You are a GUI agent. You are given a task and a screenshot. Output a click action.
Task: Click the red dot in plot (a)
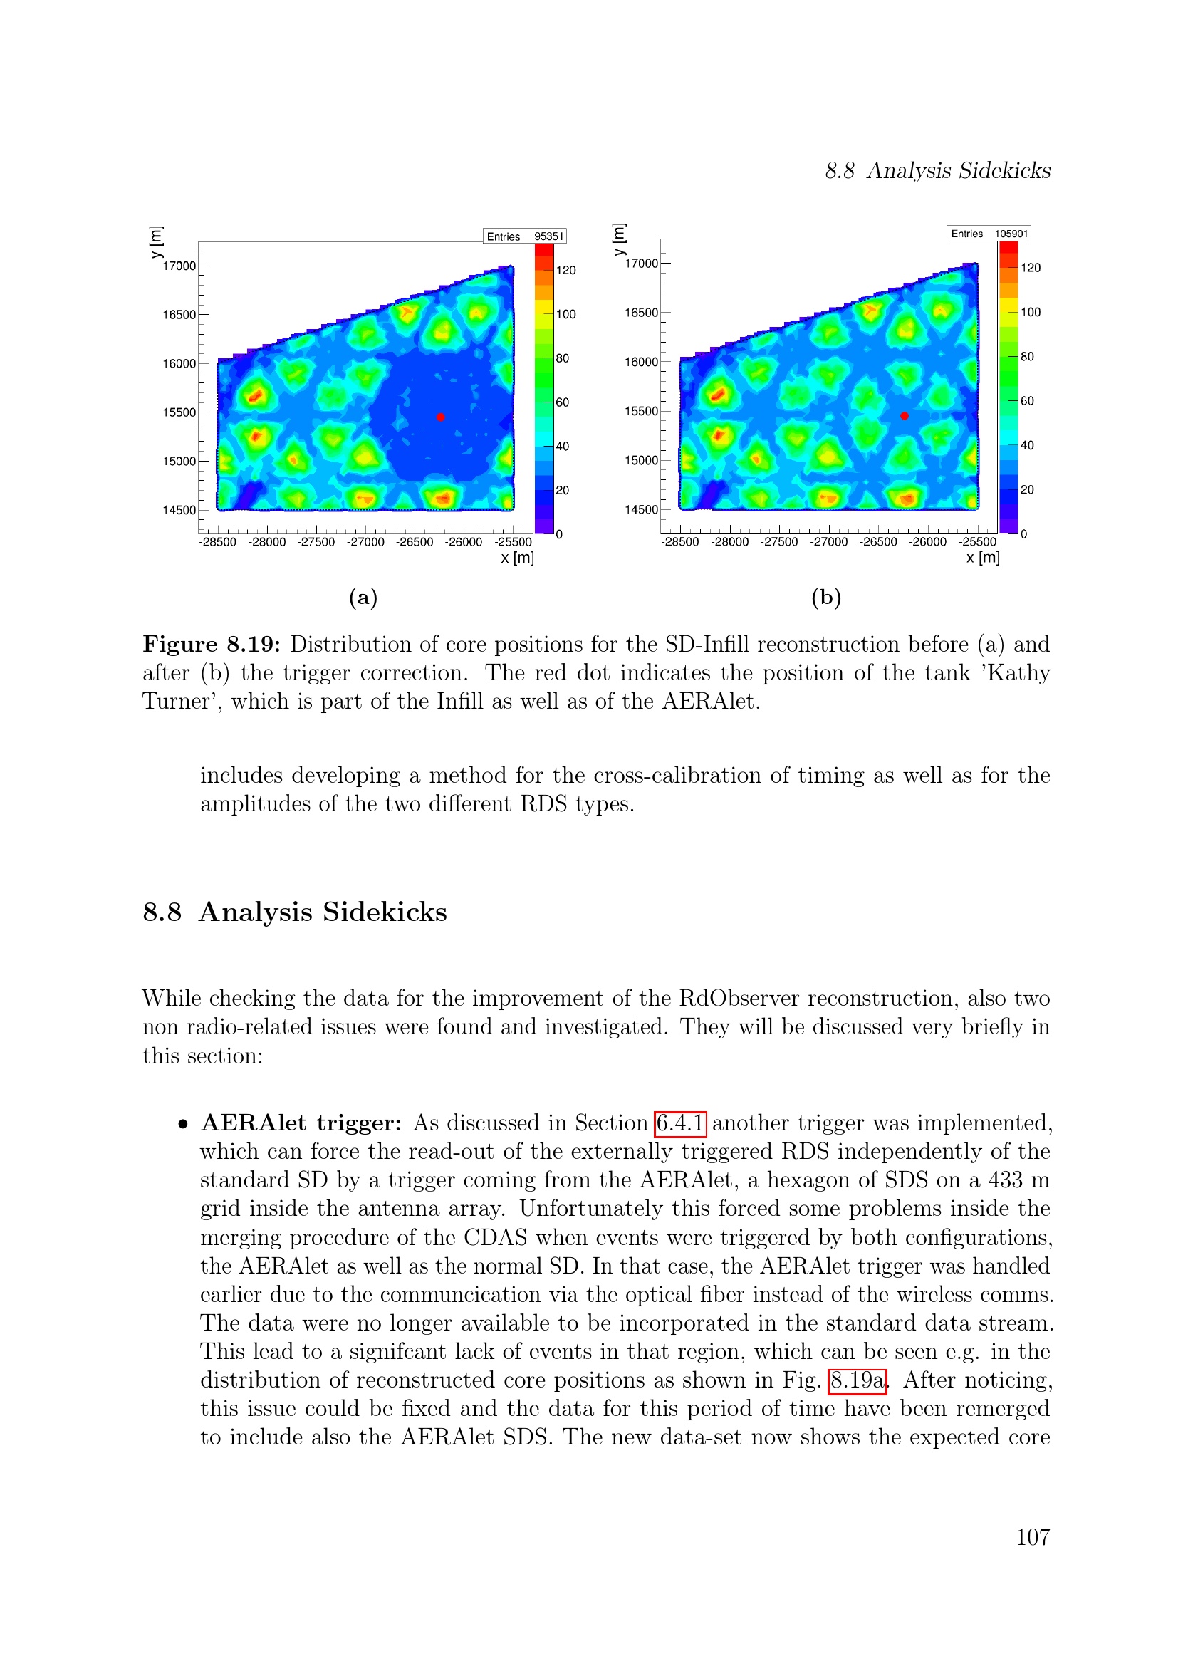click(x=440, y=417)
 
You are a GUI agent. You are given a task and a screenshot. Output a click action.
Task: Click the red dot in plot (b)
click(x=904, y=416)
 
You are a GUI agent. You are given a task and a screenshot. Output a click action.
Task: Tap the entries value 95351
click(x=548, y=236)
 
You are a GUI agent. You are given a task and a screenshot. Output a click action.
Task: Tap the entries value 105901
click(x=1011, y=234)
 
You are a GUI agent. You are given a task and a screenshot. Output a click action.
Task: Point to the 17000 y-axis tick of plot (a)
click(x=179, y=266)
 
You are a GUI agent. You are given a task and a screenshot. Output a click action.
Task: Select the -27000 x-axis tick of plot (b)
click(x=828, y=542)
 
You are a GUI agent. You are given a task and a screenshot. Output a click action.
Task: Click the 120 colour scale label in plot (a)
click(x=565, y=271)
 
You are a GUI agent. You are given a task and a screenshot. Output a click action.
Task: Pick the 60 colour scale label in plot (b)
click(x=1027, y=401)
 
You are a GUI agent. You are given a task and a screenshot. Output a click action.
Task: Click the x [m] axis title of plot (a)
click(x=517, y=558)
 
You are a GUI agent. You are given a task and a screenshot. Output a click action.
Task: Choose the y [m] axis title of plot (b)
click(x=619, y=239)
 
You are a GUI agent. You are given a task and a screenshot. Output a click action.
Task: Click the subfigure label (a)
click(x=363, y=598)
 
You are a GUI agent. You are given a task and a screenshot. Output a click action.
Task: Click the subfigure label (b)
click(x=826, y=598)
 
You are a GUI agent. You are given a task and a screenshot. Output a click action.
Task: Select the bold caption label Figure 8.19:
click(x=211, y=645)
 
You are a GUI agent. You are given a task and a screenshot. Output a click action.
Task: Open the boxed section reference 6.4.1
click(x=679, y=1123)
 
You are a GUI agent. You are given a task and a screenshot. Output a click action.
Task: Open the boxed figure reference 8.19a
click(x=857, y=1380)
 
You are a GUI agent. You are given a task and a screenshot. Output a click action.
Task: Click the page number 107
click(x=1032, y=1537)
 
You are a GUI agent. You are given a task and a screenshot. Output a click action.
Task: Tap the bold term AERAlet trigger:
click(x=301, y=1123)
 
